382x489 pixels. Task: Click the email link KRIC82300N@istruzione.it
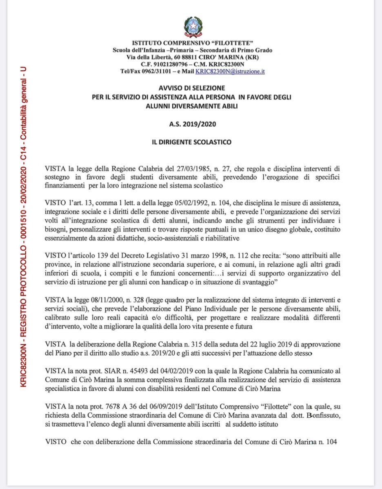pos(230,70)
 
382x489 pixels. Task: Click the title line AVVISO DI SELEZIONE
pos(191,88)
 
